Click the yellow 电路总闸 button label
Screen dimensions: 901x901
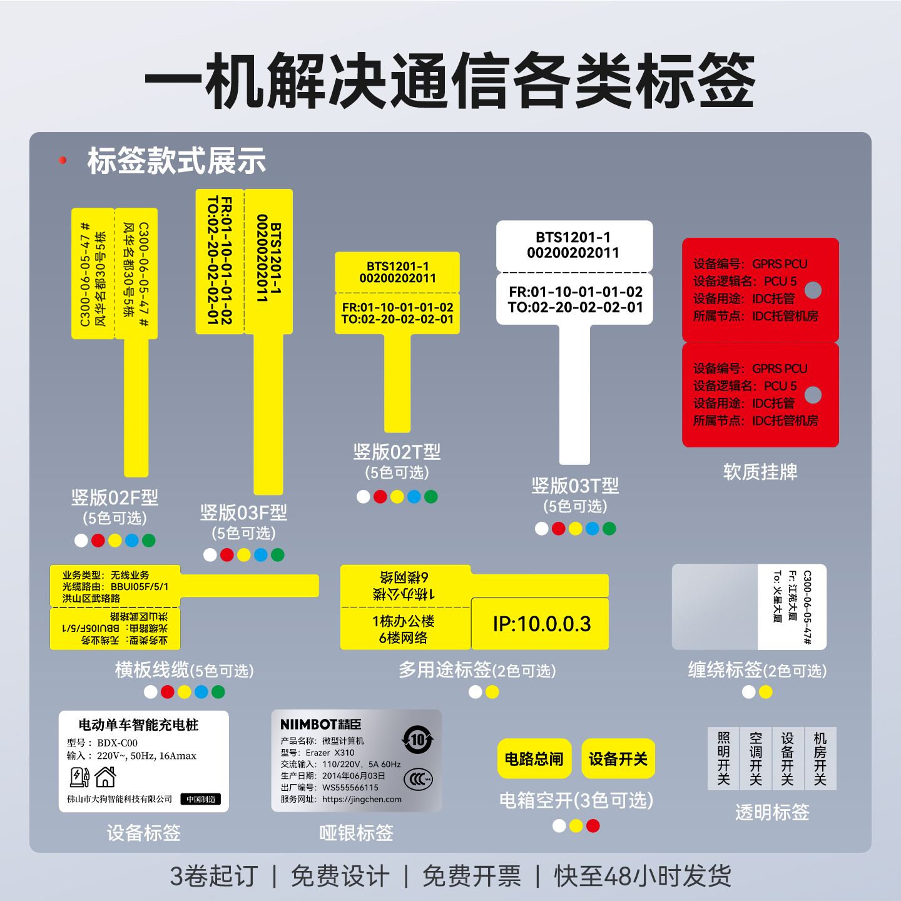tap(534, 759)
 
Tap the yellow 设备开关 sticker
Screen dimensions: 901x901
tap(618, 759)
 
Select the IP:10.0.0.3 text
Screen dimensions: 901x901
tap(542, 624)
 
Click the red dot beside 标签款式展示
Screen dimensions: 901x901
tap(63, 160)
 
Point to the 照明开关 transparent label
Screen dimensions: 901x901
tap(724, 758)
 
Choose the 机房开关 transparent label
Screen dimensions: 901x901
tap(820, 758)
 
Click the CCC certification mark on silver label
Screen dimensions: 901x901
tap(418, 779)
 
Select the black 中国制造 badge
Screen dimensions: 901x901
tap(201, 799)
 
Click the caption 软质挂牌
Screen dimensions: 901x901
tap(760, 472)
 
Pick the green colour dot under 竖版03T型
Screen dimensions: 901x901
tap(609, 529)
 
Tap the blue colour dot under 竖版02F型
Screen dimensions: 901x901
tap(132, 541)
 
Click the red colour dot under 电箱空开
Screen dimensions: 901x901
tap(593, 826)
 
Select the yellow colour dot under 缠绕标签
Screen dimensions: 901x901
tap(765, 692)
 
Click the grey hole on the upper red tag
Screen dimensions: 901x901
tap(813, 290)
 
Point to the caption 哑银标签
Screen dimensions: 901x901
tap(356, 833)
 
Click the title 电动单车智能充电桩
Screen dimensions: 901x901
tap(138, 725)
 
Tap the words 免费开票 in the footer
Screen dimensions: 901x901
tap(472, 876)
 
